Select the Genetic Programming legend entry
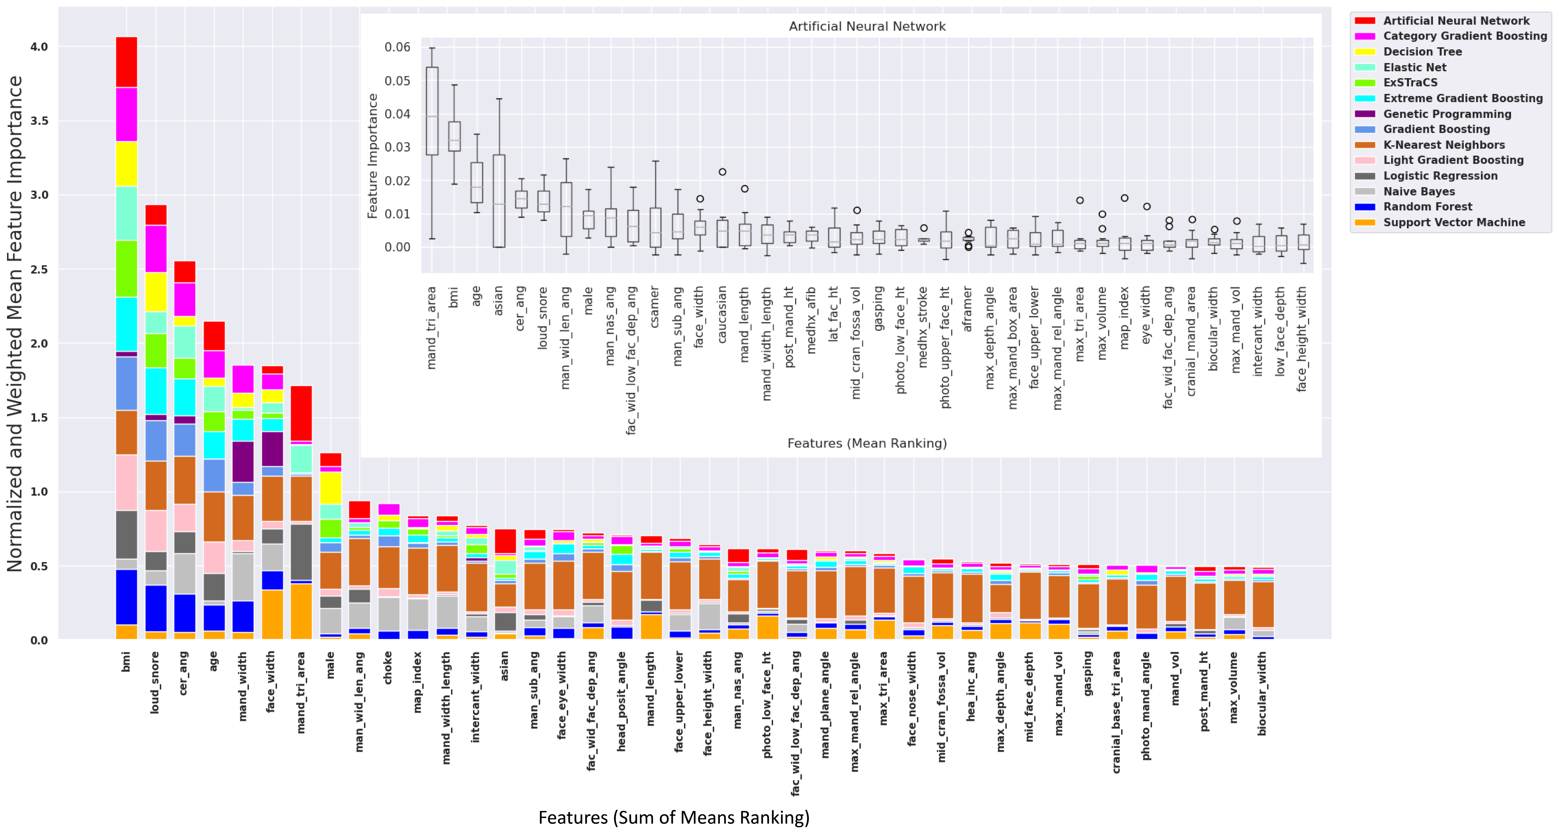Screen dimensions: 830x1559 click(x=1447, y=114)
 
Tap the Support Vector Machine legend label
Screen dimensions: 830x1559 click(x=1454, y=222)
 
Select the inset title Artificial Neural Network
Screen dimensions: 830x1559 click(x=867, y=26)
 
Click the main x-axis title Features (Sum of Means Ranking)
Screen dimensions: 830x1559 click(x=674, y=817)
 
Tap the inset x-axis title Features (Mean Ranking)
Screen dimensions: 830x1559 click(x=867, y=443)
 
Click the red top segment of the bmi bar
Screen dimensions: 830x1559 click(x=126, y=62)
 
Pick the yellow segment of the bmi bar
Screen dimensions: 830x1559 click(x=126, y=163)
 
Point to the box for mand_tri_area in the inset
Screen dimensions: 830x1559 click(x=432, y=111)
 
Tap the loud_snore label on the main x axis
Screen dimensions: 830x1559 click(x=155, y=682)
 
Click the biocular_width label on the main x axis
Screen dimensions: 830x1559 click(x=1262, y=693)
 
